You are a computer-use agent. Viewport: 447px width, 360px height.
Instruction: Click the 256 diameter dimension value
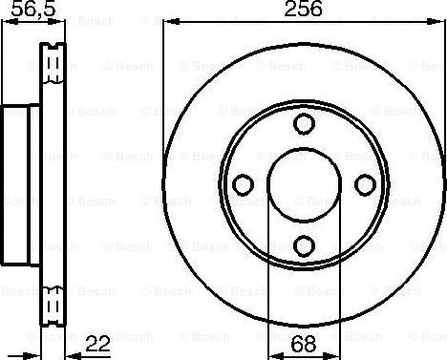(303, 9)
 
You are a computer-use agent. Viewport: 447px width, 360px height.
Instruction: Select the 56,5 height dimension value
(33, 9)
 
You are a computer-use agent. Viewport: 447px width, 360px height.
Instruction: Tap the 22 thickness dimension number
(97, 344)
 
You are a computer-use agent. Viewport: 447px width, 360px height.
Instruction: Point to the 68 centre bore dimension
(304, 344)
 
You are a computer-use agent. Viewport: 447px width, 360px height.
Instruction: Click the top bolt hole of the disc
(304, 124)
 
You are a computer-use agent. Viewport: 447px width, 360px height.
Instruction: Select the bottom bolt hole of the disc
(304, 245)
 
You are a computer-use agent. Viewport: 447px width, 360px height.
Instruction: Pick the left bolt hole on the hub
(244, 184)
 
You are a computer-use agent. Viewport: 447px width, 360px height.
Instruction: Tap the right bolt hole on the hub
(365, 184)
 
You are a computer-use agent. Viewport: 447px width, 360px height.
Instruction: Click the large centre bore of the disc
(304, 184)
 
